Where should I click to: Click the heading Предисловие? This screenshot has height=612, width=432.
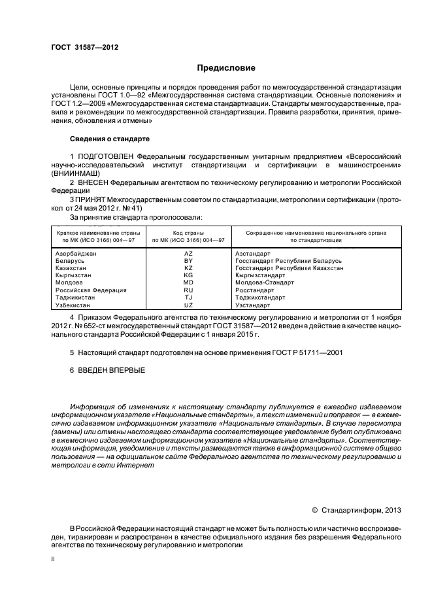226,68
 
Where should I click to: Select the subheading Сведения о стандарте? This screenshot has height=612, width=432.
110,139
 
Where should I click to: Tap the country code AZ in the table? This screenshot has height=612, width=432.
188,253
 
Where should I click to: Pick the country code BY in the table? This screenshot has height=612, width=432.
188,260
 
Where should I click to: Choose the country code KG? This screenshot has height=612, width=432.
188,275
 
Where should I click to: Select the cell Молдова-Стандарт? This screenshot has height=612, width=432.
265,282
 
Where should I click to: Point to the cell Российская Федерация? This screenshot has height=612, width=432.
90,290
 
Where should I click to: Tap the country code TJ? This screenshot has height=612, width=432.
188,297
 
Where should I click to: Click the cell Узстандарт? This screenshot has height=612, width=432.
253,305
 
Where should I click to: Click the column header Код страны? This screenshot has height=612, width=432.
188,233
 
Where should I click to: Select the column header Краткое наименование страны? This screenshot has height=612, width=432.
95,233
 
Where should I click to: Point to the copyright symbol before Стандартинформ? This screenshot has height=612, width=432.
314,509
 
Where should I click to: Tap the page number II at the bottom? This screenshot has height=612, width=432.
54,560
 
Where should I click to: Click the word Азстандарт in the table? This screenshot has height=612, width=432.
254,253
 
